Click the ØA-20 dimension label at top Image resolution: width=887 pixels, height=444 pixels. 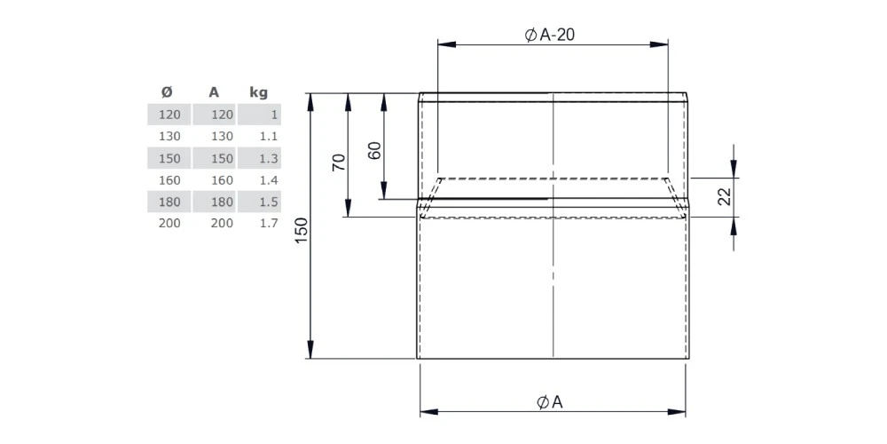tap(552, 35)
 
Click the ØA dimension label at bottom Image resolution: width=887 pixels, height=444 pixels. tap(551, 402)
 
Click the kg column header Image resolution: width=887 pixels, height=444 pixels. tap(259, 91)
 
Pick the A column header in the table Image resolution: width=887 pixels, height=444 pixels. tap(214, 91)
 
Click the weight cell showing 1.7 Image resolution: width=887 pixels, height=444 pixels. tap(270, 223)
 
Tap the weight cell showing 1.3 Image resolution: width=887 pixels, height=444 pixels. tap(270, 158)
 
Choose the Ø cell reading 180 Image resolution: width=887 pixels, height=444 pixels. tap(169, 202)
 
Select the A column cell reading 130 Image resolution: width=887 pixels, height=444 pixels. tap(222, 136)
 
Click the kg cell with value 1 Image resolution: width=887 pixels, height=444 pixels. tap(274, 115)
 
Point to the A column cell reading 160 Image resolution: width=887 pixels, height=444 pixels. tap(222, 179)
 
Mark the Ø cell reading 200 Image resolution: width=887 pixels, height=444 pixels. tap(169, 223)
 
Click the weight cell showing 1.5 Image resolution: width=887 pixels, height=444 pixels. tap(270, 202)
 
